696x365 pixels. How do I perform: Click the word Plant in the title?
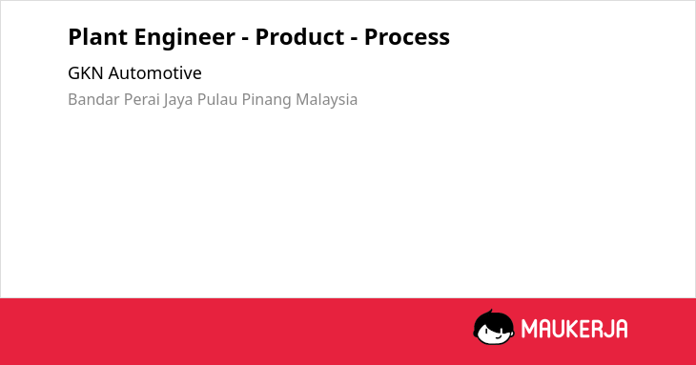point(97,36)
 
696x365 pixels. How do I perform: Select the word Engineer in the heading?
point(185,37)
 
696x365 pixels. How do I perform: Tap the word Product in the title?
point(299,36)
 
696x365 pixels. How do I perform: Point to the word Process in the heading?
point(407,37)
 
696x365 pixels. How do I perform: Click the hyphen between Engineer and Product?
point(245,39)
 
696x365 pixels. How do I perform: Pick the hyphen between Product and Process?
point(355,39)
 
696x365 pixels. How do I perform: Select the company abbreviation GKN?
point(86,73)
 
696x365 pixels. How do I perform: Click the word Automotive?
point(154,73)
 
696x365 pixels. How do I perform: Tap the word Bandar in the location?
point(93,99)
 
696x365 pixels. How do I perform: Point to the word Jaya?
point(178,101)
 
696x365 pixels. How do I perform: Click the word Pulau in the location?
point(217,99)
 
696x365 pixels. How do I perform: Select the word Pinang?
point(267,101)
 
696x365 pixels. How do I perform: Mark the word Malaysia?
point(327,101)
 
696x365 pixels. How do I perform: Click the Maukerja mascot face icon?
point(494,327)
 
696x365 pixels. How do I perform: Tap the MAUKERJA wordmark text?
point(574,329)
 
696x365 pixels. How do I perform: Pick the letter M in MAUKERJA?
point(529,329)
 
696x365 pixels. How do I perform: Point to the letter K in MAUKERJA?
point(567,329)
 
